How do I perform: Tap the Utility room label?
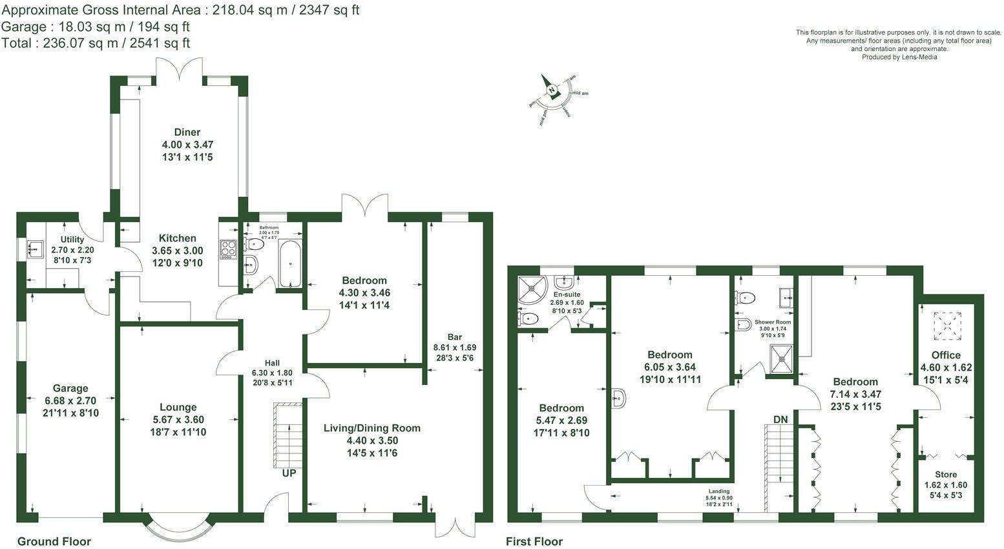pyautogui.click(x=72, y=240)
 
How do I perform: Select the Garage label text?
pyautogui.click(x=70, y=388)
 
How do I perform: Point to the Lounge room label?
pyautogui.click(x=178, y=407)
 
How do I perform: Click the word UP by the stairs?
pyautogui.click(x=289, y=473)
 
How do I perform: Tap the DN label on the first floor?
pyautogui.click(x=780, y=420)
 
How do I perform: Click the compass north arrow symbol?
pyautogui.click(x=552, y=89)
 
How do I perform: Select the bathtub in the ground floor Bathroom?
pyautogui.click(x=290, y=264)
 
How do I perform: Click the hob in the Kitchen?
pyautogui.click(x=228, y=249)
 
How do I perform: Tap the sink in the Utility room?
pyautogui.click(x=34, y=249)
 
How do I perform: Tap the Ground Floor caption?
pyautogui.click(x=54, y=541)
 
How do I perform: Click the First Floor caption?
pyautogui.click(x=534, y=541)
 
